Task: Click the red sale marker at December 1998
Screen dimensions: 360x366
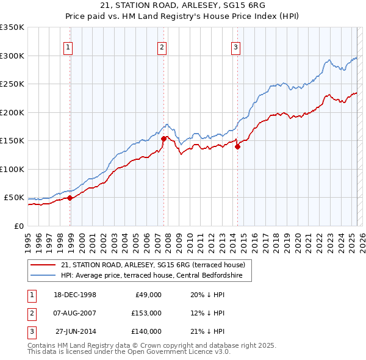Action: pyautogui.click(x=70, y=198)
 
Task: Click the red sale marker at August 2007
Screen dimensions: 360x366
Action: pyautogui.click(x=163, y=139)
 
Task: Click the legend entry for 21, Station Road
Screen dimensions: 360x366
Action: pyautogui.click(x=152, y=265)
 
